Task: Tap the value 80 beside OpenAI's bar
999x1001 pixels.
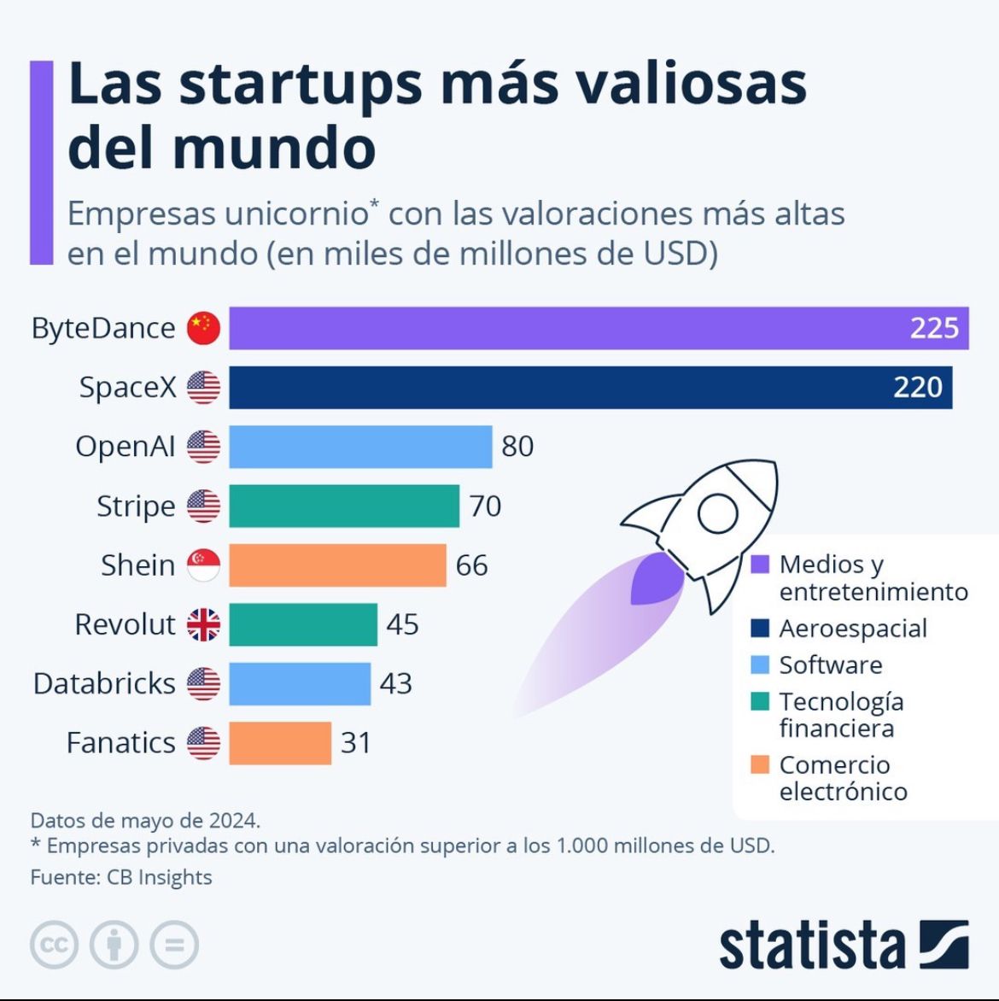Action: coord(517,446)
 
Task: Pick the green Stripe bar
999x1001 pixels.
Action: coord(344,506)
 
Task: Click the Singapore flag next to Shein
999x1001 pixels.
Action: coord(203,565)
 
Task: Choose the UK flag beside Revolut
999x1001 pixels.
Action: coord(203,624)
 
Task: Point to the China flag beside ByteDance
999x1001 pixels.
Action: coord(203,328)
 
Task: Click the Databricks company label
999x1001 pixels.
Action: coord(104,683)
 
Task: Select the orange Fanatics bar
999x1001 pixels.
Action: coord(280,743)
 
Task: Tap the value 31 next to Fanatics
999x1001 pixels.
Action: coord(355,743)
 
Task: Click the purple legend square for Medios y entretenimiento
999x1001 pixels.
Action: coord(760,565)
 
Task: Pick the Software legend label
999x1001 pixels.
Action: coord(830,665)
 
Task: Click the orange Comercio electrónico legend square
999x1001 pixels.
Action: coord(760,764)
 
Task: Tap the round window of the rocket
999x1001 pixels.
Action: coord(717,512)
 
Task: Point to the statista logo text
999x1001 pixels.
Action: coord(811,945)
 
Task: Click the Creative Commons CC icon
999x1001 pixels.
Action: coord(55,945)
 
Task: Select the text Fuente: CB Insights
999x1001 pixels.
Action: coord(121,877)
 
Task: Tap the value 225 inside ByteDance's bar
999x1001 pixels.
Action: coord(934,328)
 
